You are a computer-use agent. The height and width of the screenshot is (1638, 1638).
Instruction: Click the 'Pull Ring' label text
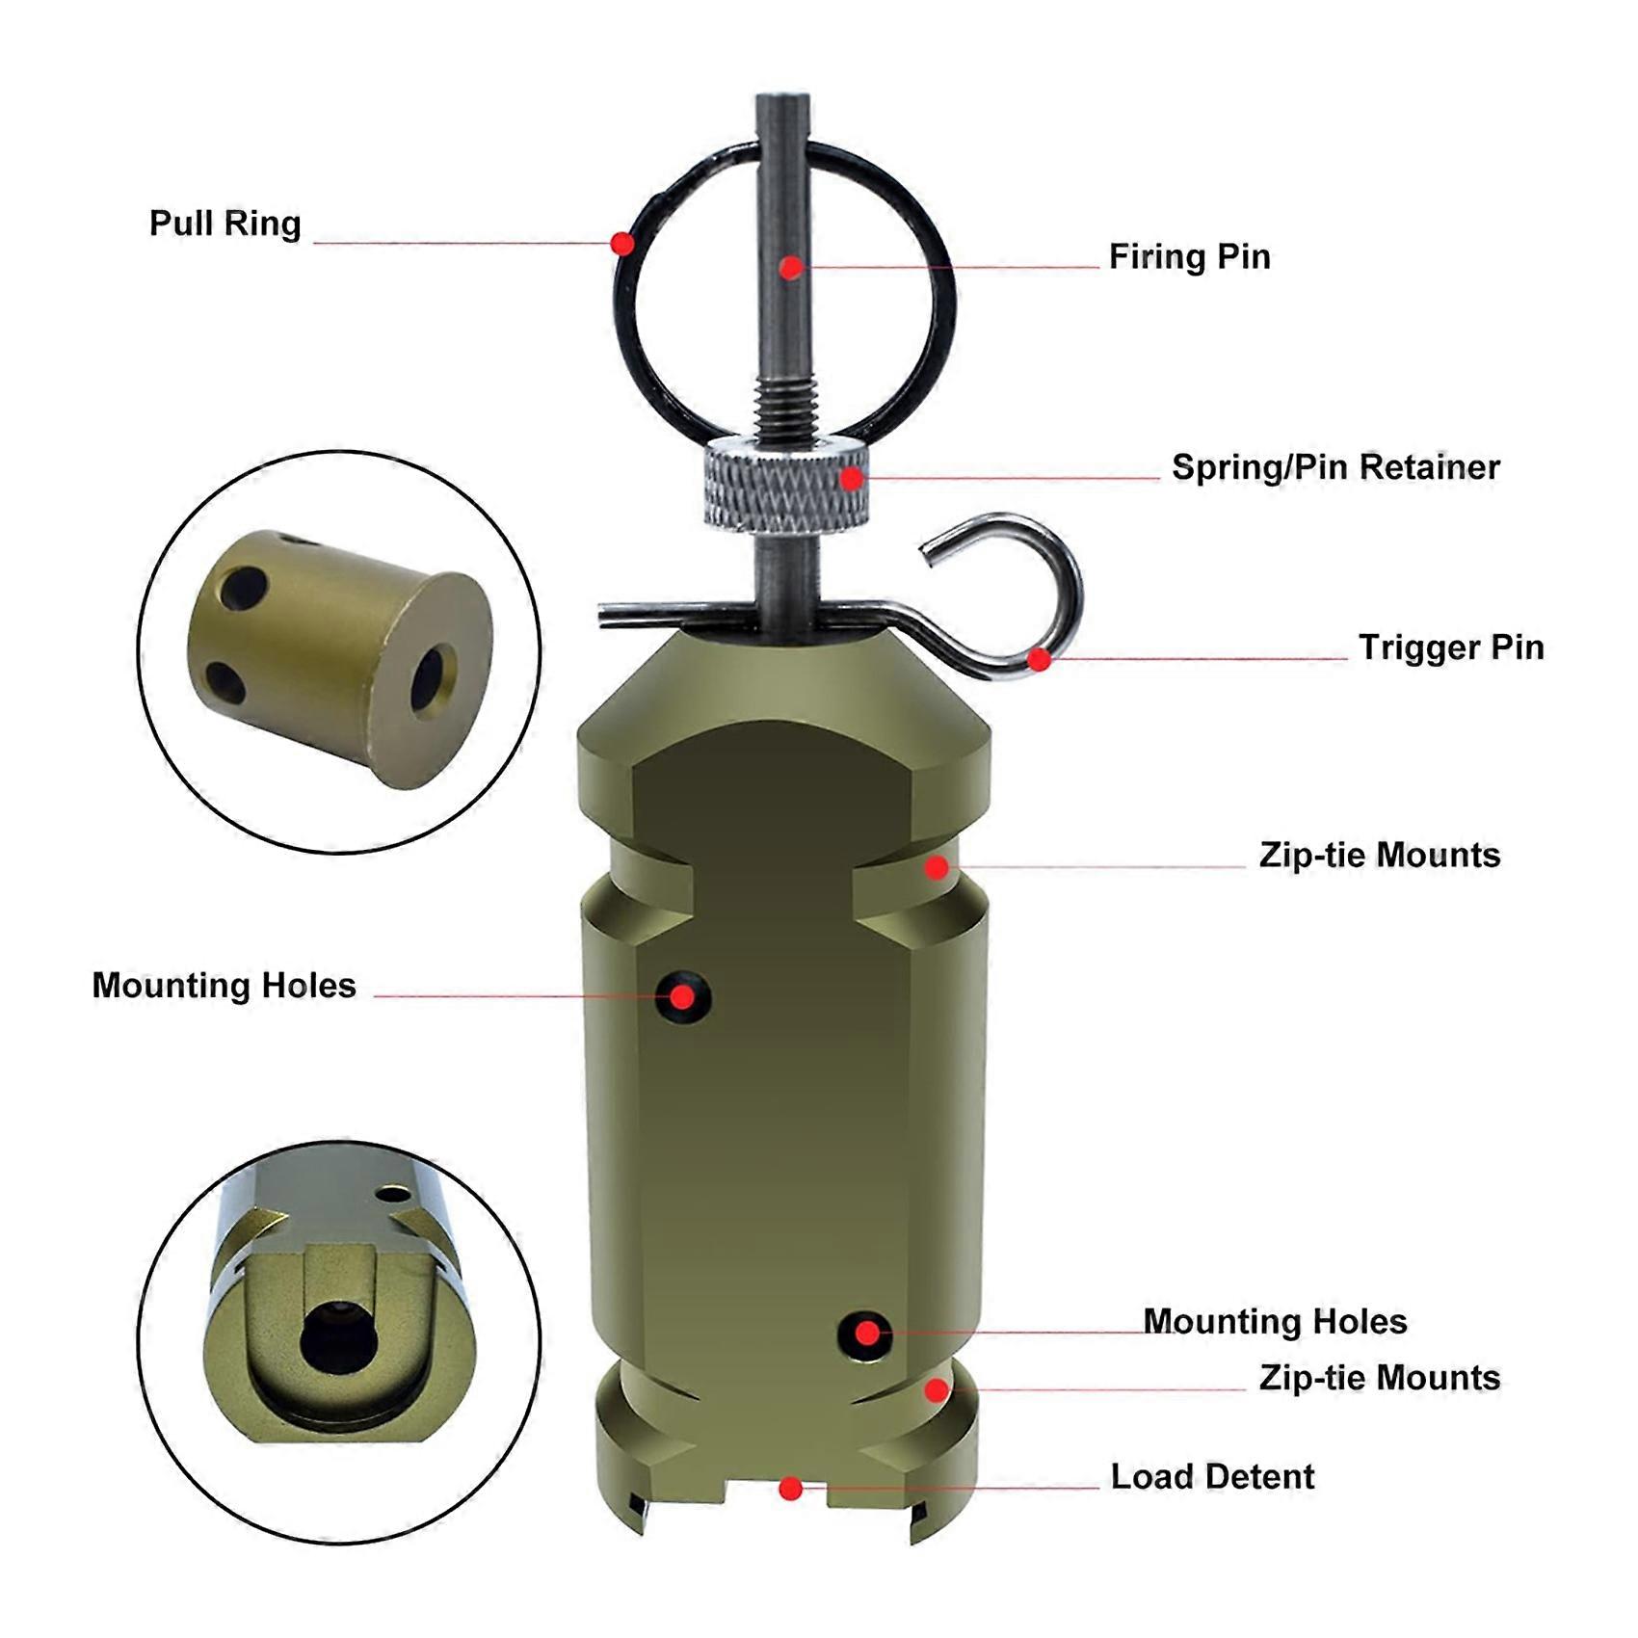click(x=225, y=224)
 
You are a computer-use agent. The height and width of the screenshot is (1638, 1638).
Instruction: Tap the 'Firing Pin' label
click(x=1189, y=256)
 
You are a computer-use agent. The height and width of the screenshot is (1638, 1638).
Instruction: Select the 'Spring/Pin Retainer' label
click(x=1335, y=467)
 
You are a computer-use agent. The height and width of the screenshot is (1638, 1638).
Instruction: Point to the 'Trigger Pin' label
click(x=1451, y=647)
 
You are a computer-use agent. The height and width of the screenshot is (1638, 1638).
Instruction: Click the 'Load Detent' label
click(x=1212, y=1476)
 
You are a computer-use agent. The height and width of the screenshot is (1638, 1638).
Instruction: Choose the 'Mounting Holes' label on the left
click(x=224, y=985)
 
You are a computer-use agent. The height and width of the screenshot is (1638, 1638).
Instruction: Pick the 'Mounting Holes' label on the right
click(x=1275, y=1321)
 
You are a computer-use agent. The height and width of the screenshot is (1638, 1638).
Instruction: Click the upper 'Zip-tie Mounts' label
click(x=1380, y=856)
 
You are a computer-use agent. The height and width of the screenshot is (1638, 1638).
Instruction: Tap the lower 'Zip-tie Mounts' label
click(x=1380, y=1378)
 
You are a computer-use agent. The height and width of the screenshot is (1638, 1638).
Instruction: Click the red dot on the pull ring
click(x=623, y=243)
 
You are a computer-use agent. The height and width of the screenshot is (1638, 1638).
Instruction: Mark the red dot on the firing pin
click(x=790, y=268)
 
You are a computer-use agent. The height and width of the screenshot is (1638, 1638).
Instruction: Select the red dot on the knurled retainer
click(x=852, y=478)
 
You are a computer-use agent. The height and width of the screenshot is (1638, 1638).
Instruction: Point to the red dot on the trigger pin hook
click(x=1039, y=660)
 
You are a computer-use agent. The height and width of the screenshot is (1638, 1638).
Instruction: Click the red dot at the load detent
click(x=790, y=1490)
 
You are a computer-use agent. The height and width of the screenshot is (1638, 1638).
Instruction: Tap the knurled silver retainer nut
click(x=785, y=482)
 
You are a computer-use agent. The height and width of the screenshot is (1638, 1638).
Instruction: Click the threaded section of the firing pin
click(x=785, y=405)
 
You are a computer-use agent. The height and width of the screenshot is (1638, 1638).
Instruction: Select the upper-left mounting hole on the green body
click(x=683, y=996)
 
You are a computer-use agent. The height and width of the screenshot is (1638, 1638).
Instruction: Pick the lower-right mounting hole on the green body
click(x=865, y=1335)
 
